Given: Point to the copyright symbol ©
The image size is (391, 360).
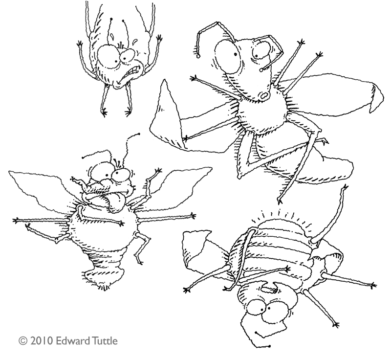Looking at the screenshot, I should tap(22, 339).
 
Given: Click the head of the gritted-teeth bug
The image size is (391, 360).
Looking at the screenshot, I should tap(120, 61).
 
